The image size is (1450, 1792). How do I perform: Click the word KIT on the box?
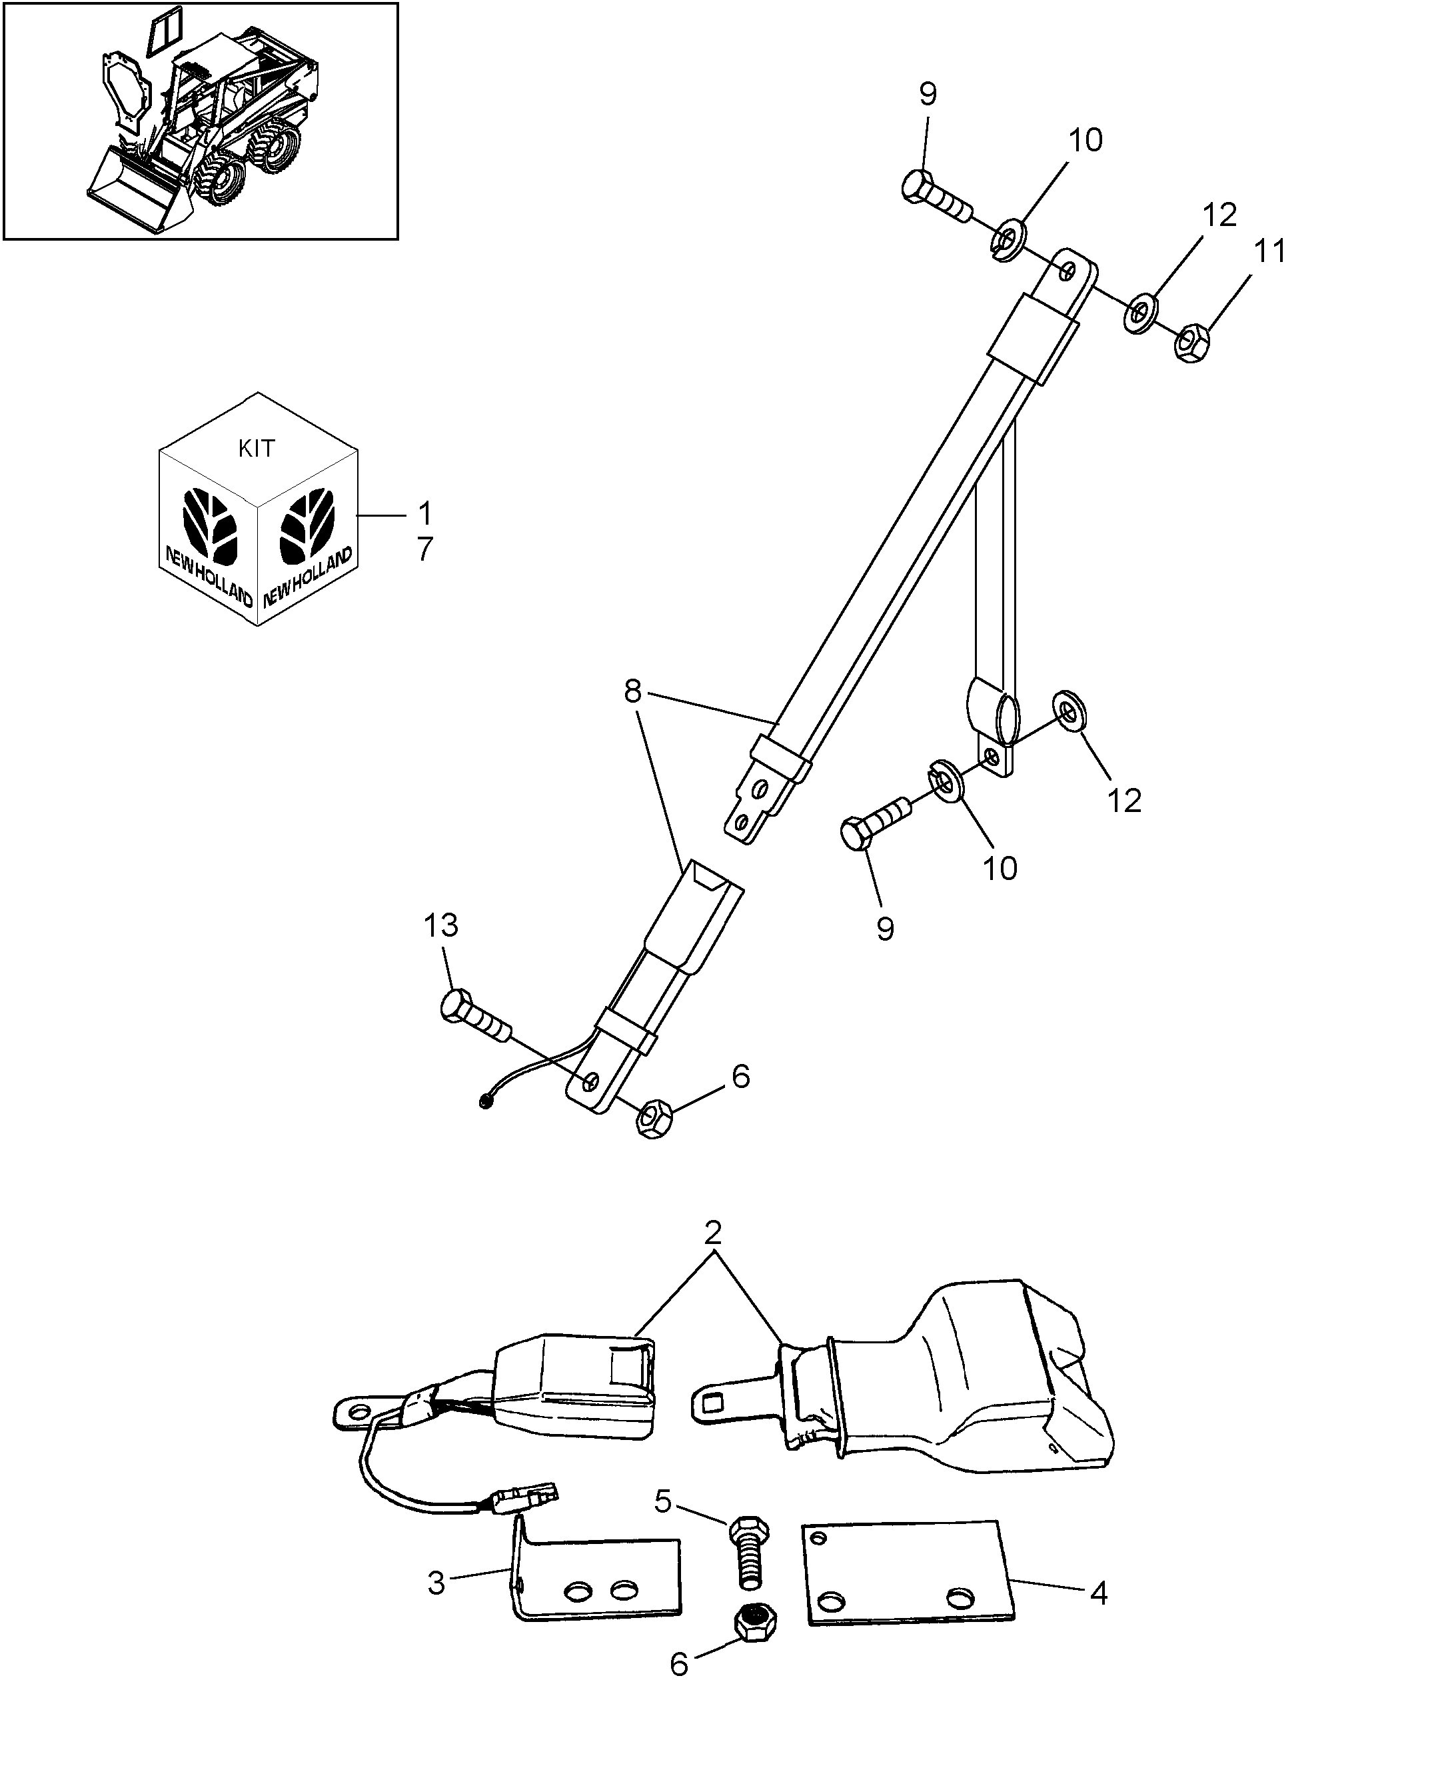coord(256,449)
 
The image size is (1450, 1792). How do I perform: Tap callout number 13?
coord(441,925)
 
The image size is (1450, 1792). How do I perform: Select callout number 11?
coord(1269,251)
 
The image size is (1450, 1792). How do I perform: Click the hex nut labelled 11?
coord(1192,341)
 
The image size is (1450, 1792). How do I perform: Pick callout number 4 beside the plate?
coord(1099,1594)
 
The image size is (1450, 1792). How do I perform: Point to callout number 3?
coord(437,1583)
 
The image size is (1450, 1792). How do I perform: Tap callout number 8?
coord(632,692)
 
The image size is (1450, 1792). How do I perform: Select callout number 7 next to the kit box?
coord(425,550)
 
